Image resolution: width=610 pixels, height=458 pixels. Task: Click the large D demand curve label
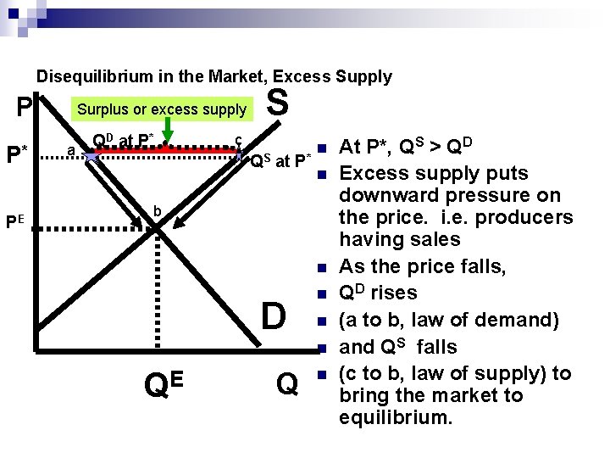coord(273,316)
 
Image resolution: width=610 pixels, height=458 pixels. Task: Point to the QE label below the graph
coord(164,385)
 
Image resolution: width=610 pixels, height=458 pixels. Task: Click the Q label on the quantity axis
coord(287,385)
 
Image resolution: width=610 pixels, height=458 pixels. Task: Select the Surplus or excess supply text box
coord(161,109)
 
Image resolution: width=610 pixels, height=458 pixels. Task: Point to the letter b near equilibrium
coord(158,210)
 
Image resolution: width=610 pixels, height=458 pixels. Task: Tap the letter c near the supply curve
coord(239,141)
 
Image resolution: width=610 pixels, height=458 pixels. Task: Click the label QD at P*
coord(123,140)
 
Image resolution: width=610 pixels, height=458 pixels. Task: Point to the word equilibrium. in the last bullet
coord(396,418)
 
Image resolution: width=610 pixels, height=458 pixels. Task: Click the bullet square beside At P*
coord(322,147)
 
